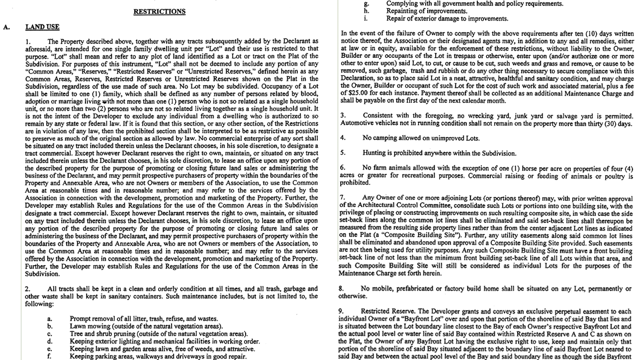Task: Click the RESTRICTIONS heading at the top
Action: coord(160,11)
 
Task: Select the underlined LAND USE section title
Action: coord(42,27)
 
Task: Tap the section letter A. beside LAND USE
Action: coord(6,27)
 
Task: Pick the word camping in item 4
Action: coord(386,138)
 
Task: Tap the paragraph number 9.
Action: coord(343,311)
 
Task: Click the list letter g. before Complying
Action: coord(367,3)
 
